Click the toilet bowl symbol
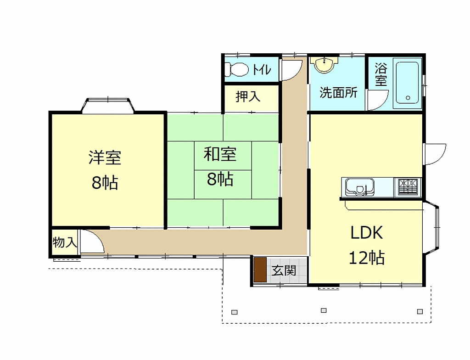(236, 69)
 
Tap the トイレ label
(261, 70)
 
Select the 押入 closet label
(248, 96)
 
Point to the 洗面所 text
(338, 92)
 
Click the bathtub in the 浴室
(408, 83)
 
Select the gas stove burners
(408, 187)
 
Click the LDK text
(367, 233)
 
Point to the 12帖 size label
(367, 258)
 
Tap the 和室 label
(220, 154)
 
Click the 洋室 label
(105, 157)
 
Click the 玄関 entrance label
(284, 270)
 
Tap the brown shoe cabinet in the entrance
(260, 270)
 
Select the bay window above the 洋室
(108, 105)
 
